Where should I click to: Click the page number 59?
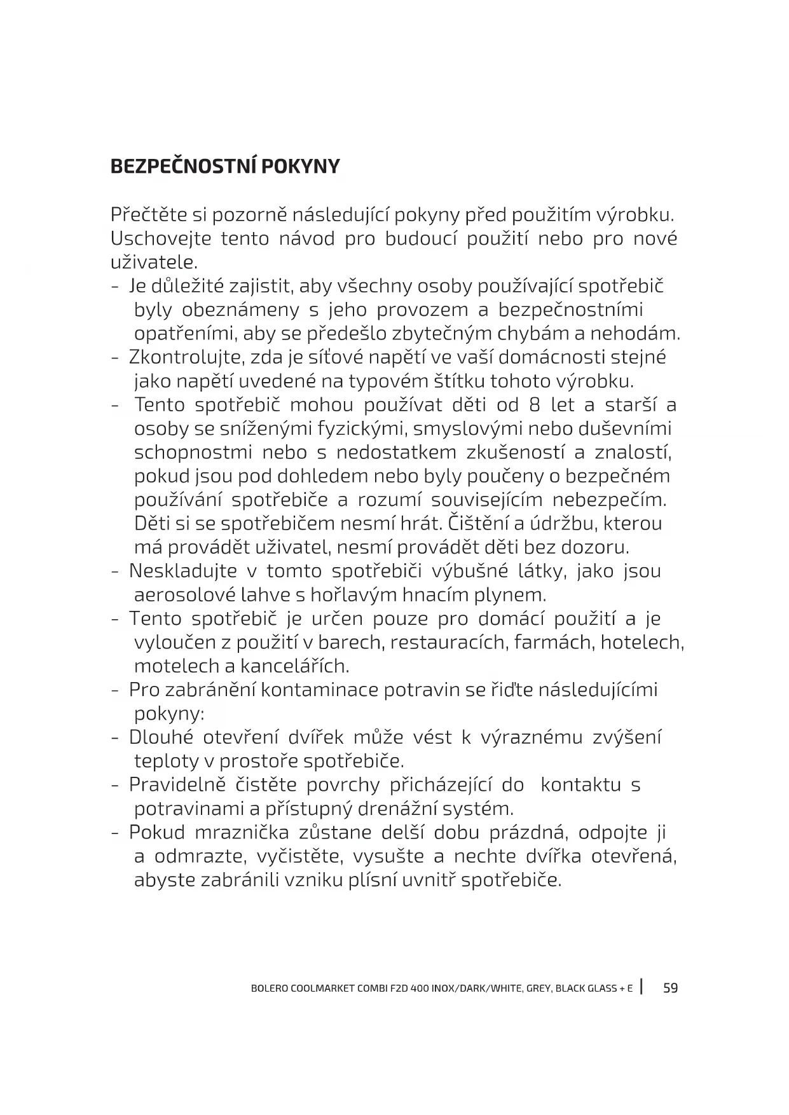click(670, 988)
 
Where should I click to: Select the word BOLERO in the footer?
click(270, 988)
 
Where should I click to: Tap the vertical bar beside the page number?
click(643, 987)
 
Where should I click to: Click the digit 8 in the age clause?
click(534, 405)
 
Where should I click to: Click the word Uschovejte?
click(159, 239)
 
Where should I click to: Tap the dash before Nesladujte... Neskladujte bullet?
click(115, 571)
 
